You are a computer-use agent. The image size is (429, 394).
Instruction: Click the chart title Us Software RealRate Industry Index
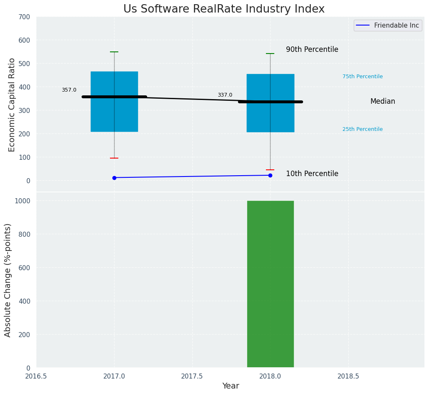224,9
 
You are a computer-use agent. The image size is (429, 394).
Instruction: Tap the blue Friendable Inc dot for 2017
114,178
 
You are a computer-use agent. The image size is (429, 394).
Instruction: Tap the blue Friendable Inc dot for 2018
270,175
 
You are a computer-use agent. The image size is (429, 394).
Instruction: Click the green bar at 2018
270,284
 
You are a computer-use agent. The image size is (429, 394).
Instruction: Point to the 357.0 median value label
69,90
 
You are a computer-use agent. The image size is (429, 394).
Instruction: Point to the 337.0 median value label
225,95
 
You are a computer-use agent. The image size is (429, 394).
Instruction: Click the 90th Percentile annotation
312,49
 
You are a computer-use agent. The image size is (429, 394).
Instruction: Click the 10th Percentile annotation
312,174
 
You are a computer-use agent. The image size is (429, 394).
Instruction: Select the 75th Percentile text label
363,77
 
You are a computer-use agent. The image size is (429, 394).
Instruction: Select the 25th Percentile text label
363,129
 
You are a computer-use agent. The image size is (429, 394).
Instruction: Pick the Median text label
383,101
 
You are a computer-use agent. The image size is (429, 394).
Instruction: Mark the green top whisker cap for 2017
114,52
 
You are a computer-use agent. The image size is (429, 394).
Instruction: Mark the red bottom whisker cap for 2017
114,158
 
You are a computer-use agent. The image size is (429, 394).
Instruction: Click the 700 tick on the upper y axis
24,17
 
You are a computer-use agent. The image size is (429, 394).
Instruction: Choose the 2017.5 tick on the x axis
192,376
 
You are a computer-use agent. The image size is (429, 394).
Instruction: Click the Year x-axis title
230,386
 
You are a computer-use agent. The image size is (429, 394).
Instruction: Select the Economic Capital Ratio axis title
12,105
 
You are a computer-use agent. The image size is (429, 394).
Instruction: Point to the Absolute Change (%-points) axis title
8,280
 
